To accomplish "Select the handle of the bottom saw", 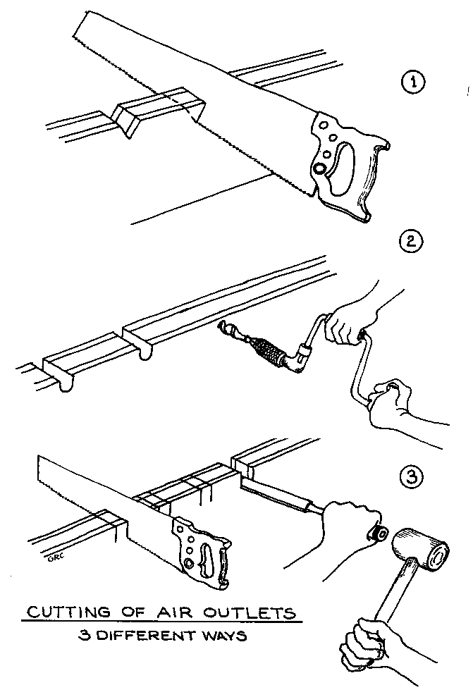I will click(x=204, y=554).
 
